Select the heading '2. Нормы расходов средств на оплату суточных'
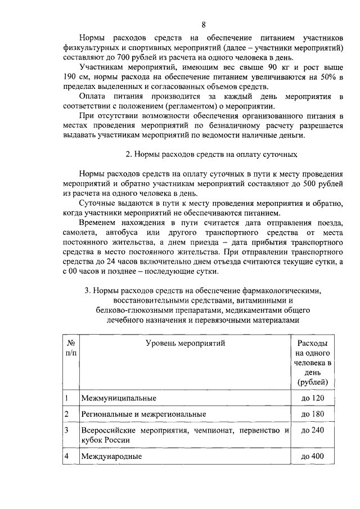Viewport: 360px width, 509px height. (211, 154)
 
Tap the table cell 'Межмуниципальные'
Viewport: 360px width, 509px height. (118, 399)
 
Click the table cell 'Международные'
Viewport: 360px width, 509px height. (111, 456)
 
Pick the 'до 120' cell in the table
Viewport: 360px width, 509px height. (313, 399)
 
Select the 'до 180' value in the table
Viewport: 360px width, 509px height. (313, 415)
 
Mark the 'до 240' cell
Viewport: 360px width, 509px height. (313, 430)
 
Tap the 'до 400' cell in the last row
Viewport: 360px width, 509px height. (313, 456)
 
